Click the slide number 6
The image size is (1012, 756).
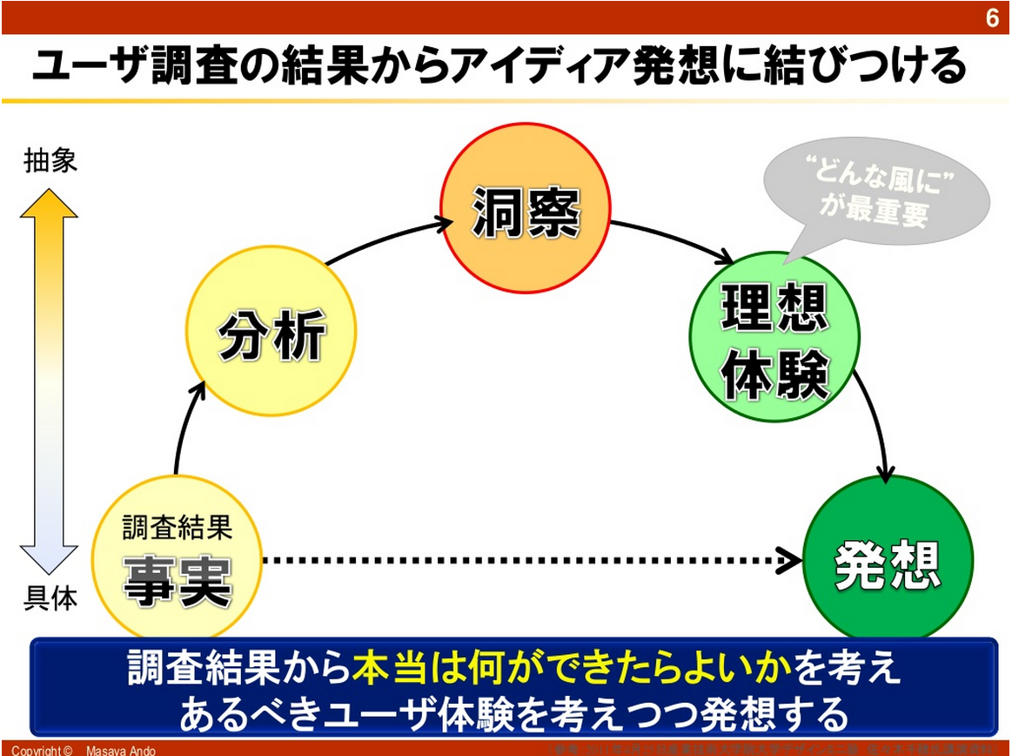(992, 18)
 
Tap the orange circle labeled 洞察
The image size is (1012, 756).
(526, 208)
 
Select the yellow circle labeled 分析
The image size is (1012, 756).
(271, 335)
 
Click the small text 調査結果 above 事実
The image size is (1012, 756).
(177, 527)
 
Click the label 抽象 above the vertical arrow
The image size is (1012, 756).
(50, 160)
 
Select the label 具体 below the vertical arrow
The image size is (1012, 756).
(50, 598)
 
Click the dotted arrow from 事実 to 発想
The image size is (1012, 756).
(522, 561)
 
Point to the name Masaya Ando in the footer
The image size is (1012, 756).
(121, 750)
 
